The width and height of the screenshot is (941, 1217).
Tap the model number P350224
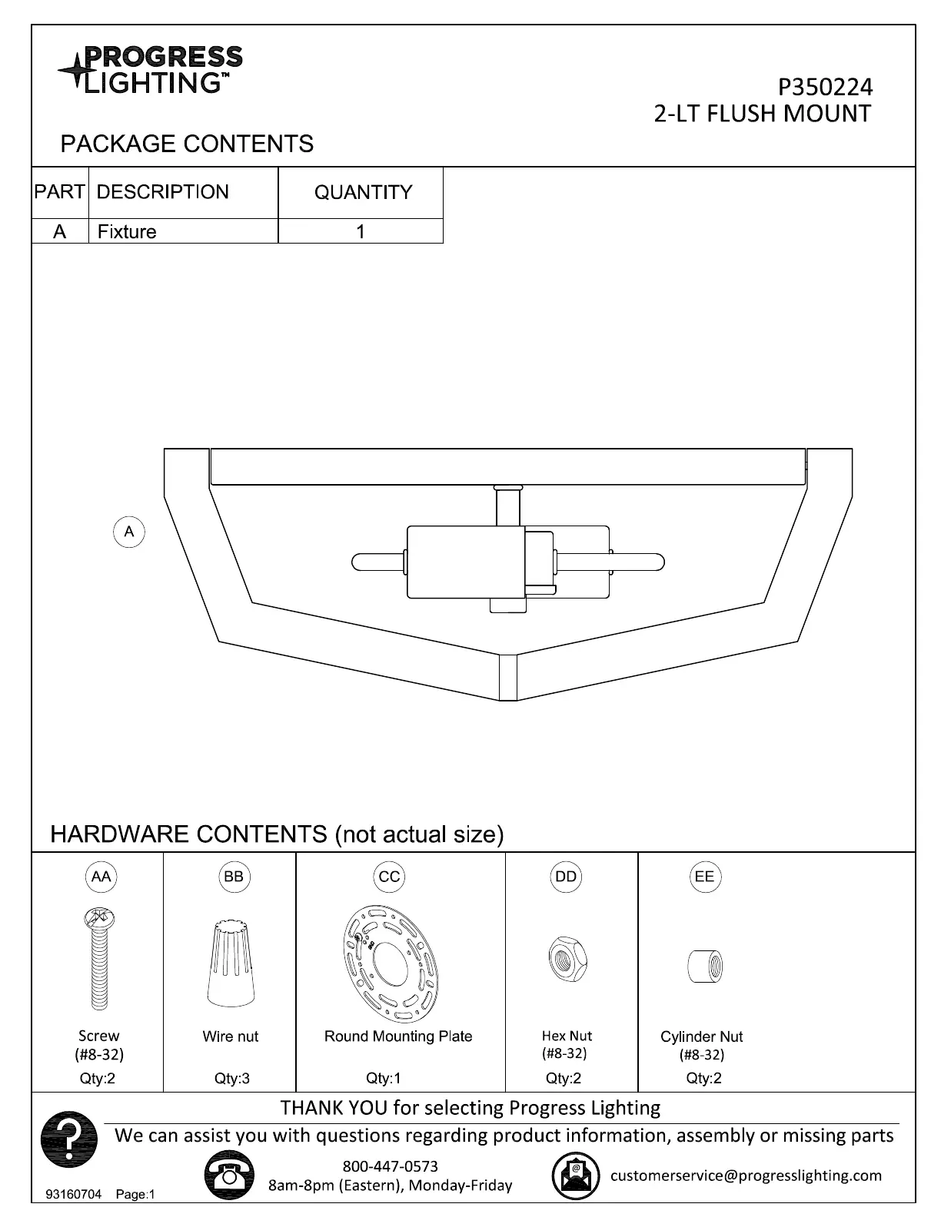click(825, 88)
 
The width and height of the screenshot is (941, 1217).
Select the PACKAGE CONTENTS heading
click(187, 144)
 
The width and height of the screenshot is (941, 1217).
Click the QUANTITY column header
click(363, 192)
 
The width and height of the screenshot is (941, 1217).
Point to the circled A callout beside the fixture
click(129, 532)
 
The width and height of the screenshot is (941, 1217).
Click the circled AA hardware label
click(101, 877)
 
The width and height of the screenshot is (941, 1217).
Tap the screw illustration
click(99, 959)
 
